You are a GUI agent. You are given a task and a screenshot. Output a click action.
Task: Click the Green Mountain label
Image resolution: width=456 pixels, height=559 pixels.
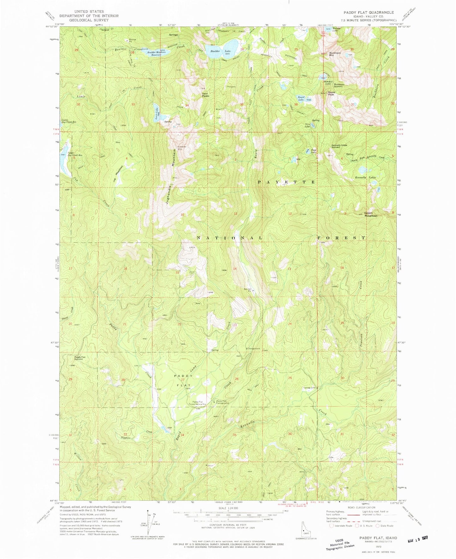click(371, 214)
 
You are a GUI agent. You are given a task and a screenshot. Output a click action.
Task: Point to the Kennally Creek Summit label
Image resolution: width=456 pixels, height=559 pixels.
click(339, 146)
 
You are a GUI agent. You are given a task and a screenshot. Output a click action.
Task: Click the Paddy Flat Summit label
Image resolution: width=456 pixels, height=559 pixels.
click(80, 358)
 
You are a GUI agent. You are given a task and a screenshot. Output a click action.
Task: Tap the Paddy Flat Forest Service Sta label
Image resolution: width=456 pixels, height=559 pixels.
click(197, 403)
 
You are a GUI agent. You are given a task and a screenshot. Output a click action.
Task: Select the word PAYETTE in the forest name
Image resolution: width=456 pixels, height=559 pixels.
click(287, 182)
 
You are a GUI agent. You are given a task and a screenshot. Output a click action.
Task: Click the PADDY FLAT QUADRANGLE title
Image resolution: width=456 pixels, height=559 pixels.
click(369, 12)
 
